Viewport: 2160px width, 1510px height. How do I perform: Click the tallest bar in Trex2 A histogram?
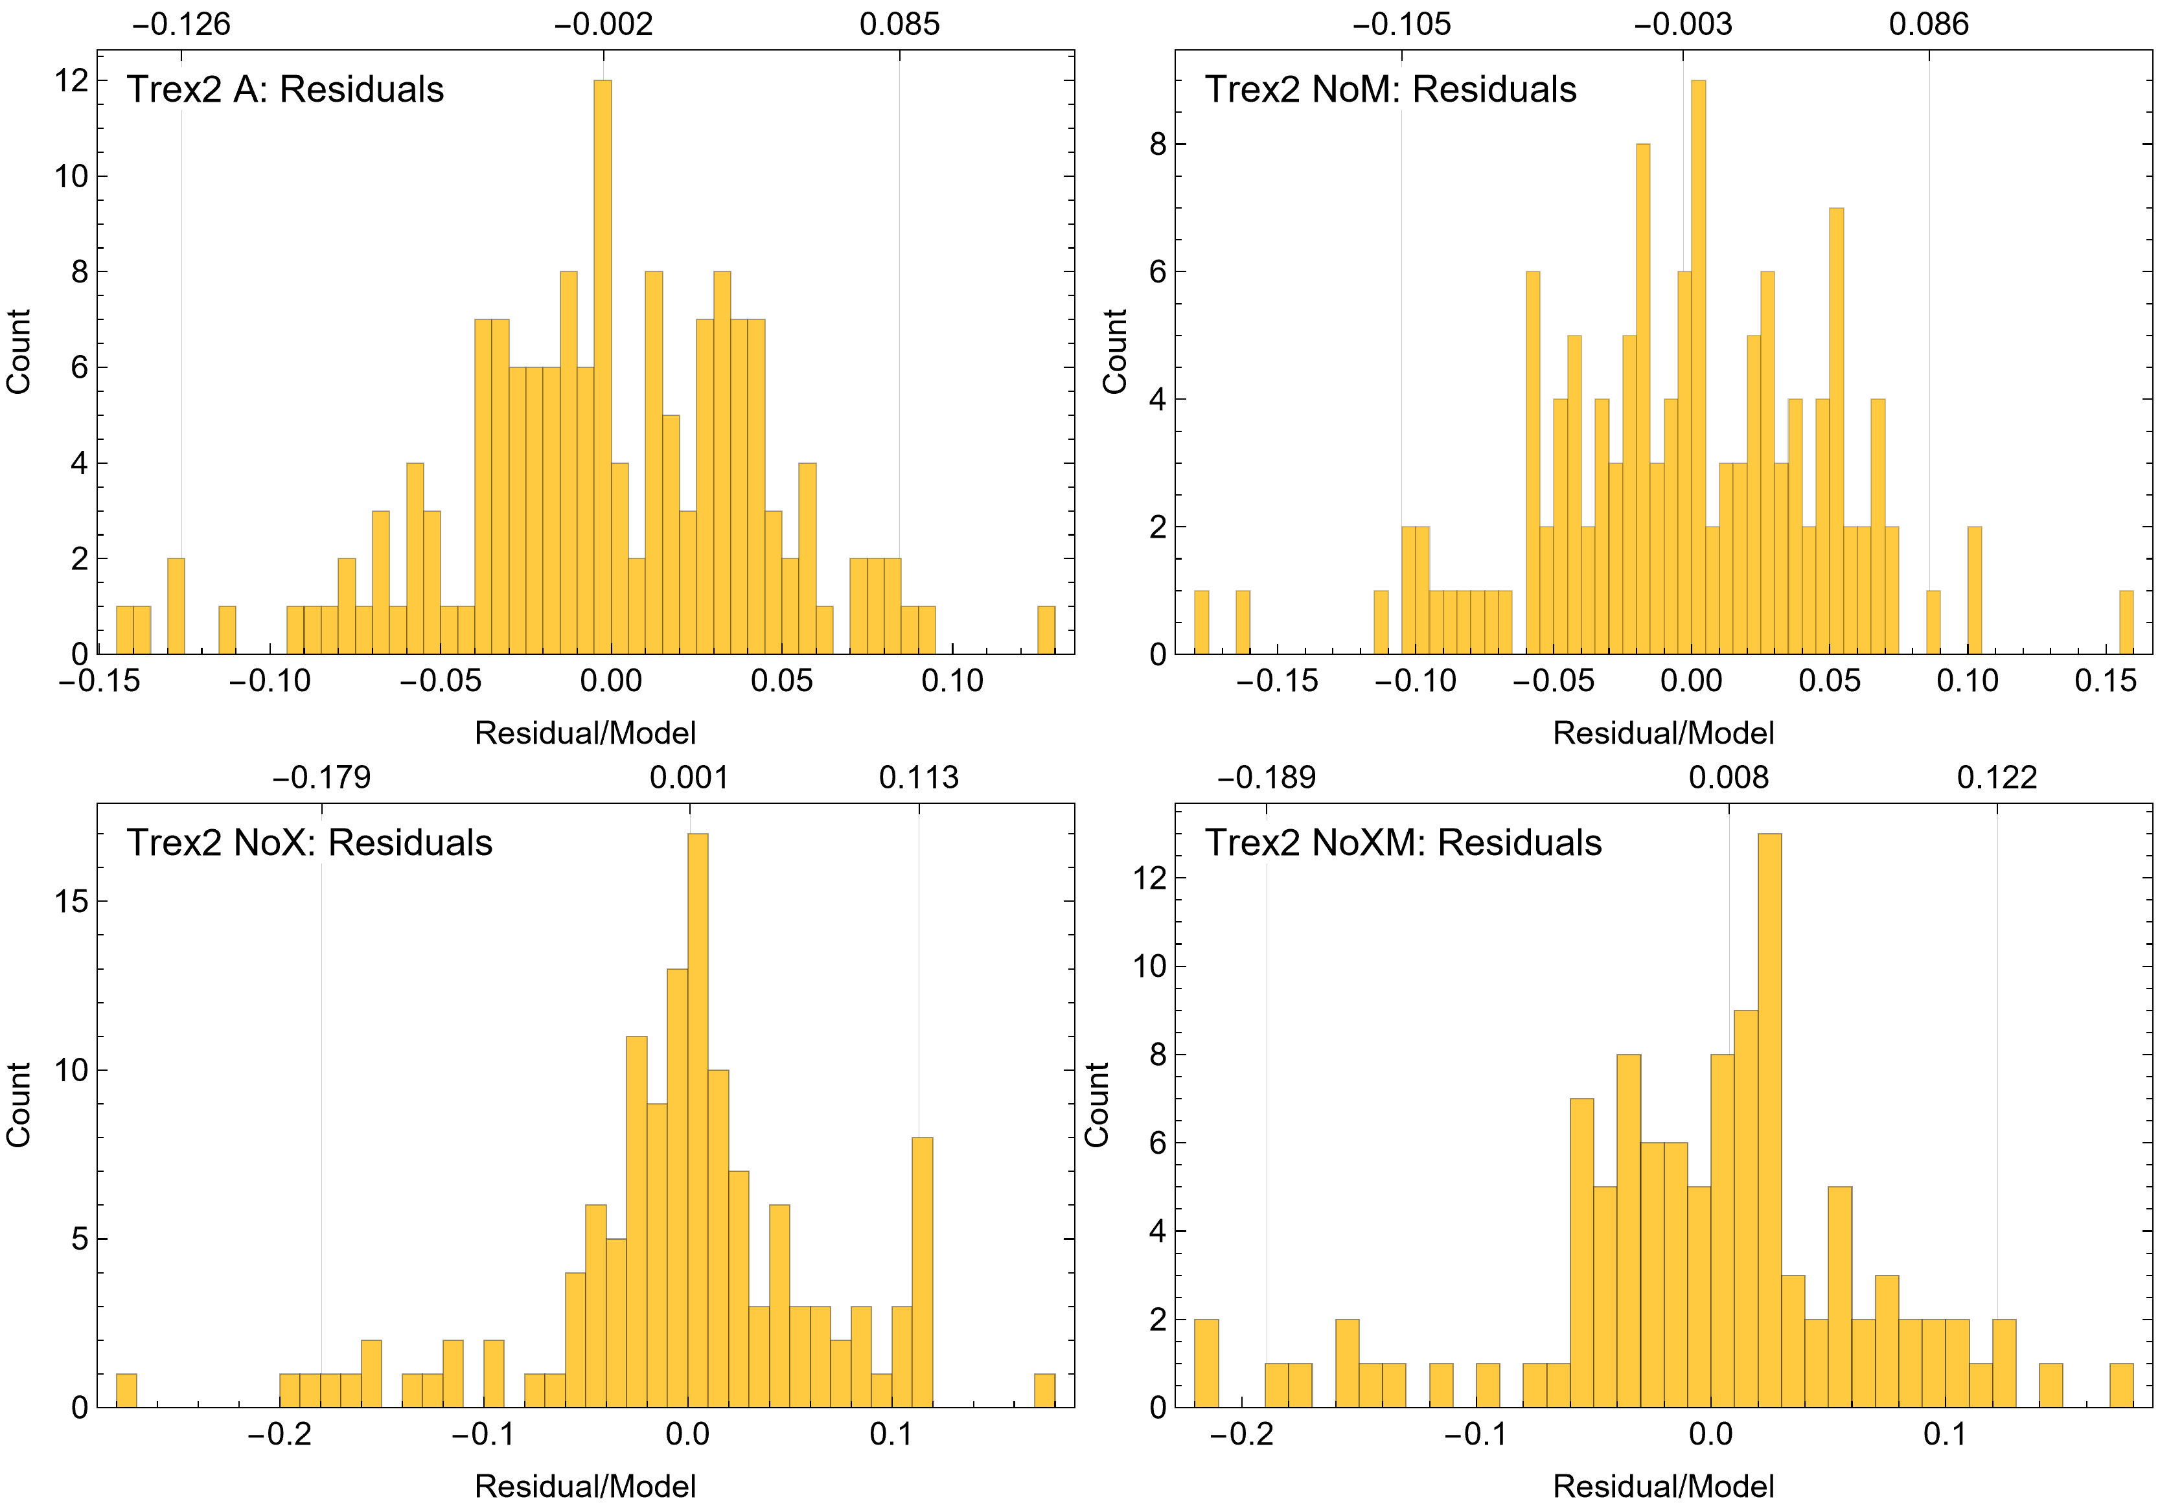point(602,367)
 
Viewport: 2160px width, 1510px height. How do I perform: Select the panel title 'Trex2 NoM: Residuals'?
point(1390,89)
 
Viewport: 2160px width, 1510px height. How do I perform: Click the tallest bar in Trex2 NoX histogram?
point(697,1119)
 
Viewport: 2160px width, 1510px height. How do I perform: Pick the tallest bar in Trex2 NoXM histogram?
point(1769,1119)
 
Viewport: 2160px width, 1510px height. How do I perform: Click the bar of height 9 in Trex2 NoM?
point(1697,367)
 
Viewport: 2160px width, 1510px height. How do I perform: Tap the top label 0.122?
point(1996,778)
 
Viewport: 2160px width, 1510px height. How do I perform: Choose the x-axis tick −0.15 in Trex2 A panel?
point(100,681)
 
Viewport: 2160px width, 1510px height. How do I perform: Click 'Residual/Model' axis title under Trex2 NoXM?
point(1663,1487)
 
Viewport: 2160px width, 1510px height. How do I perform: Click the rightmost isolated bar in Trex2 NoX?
point(1044,1391)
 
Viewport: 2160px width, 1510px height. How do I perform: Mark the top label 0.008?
point(1728,778)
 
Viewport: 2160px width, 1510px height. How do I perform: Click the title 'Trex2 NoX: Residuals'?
point(310,843)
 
